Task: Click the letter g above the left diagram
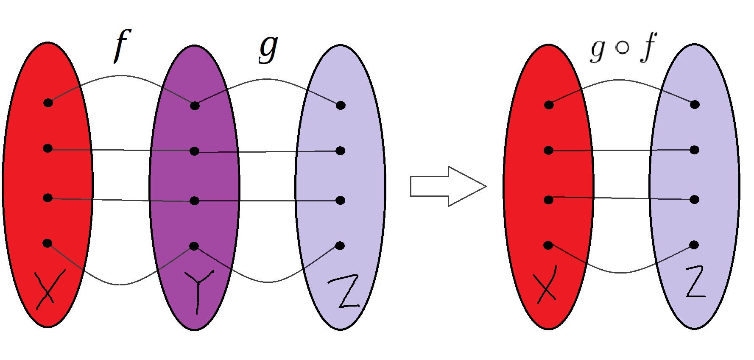point(268,48)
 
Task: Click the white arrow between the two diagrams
point(448,186)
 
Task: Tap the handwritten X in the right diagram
point(547,284)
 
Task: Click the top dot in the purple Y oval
point(195,106)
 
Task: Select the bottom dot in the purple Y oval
point(194,246)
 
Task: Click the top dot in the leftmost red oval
point(48,102)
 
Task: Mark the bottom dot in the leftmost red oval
point(47,243)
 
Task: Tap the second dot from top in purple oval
point(194,151)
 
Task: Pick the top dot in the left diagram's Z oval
point(340,105)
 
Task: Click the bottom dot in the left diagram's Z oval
point(340,245)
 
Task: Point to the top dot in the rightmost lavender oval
point(694,104)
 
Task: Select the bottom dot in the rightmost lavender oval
point(694,245)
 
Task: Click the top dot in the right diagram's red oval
point(549,105)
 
